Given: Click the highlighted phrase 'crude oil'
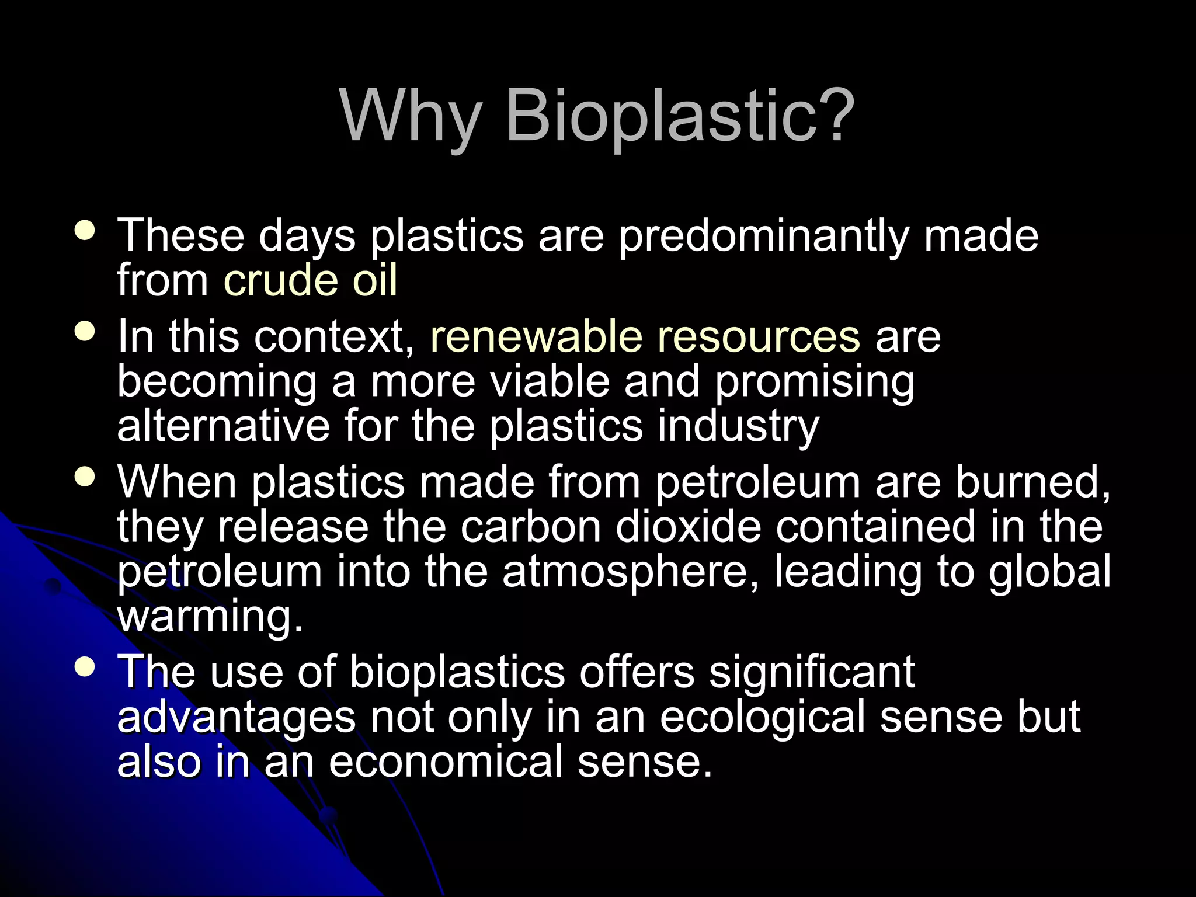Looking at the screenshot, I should [x=310, y=280].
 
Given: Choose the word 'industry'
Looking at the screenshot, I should [x=738, y=427].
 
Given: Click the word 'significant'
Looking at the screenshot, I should [x=812, y=673].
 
